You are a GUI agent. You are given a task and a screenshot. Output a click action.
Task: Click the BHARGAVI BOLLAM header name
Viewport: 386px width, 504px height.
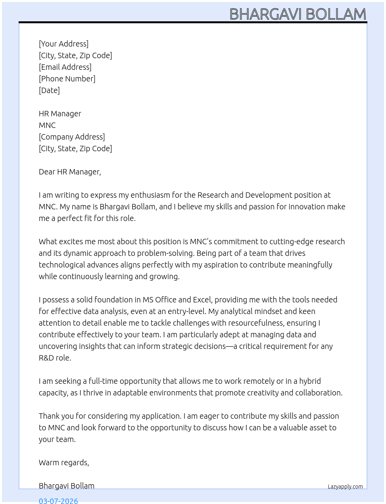[298, 14]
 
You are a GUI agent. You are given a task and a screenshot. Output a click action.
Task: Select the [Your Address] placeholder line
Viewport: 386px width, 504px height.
[64, 44]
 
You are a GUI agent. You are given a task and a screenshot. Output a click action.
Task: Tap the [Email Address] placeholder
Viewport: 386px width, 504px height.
[65, 67]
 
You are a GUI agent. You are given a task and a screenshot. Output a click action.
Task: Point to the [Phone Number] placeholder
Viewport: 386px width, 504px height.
[67, 79]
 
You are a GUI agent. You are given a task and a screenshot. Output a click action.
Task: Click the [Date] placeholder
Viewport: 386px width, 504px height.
[49, 90]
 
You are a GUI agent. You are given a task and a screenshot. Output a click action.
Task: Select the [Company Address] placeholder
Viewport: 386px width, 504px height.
[72, 137]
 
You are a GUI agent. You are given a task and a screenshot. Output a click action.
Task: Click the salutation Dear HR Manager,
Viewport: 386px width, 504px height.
[70, 172]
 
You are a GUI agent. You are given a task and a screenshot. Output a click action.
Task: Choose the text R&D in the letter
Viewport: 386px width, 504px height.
[46, 358]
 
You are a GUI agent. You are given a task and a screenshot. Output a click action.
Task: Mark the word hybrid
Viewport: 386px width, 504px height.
[310, 381]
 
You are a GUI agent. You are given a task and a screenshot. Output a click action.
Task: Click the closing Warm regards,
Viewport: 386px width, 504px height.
[64, 463]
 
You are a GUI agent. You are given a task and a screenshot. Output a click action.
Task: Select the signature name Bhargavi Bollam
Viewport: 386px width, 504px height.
[67, 486]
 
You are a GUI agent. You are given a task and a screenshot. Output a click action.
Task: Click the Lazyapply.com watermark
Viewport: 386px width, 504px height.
[345, 487]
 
